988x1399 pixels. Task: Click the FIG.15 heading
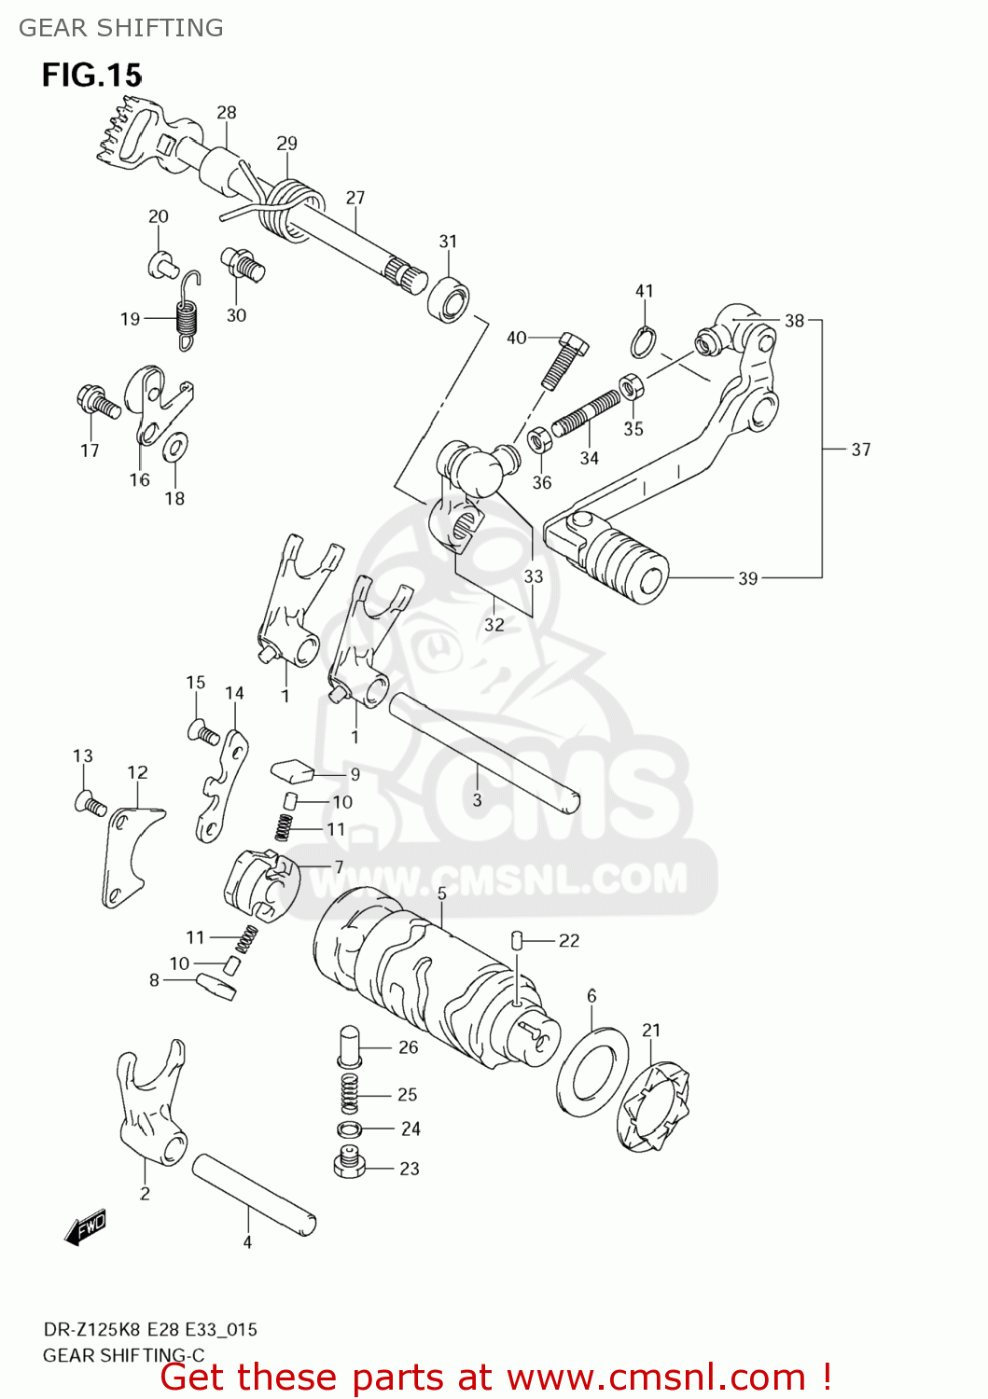click(91, 75)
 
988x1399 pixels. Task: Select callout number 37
click(860, 450)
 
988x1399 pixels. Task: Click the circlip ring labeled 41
click(642, 342)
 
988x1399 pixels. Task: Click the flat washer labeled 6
click(592, 1073)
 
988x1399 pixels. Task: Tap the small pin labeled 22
click(517, 940)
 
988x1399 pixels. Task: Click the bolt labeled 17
click(97, 402)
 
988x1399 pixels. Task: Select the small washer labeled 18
click(174, 448)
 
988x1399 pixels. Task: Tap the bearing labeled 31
click(449, 298)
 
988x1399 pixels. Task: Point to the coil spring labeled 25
click(349, 1092)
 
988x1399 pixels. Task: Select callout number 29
click(286, 144)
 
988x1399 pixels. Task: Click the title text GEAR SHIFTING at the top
click(121, 28)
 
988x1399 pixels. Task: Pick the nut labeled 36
click(539, 438)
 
